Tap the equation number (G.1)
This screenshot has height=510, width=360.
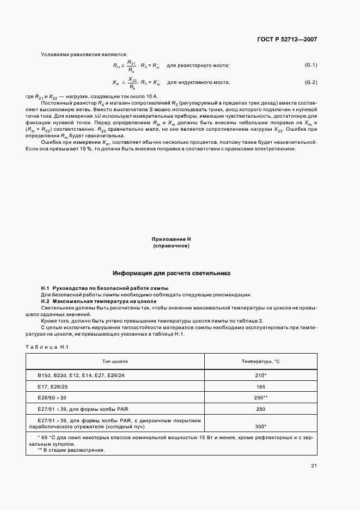[311, 65]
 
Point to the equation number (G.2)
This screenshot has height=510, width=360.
[311, 82]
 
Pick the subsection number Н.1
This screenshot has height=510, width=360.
[46, 288]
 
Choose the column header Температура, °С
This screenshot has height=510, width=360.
[260, 361]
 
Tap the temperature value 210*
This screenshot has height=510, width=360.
[260, 376]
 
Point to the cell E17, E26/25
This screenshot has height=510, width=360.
[53, 386]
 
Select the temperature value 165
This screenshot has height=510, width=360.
[260, 386]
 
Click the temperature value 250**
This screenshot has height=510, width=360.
[261, 397]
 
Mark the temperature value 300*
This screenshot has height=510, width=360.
[260, 427]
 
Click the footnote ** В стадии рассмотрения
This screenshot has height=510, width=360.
[71, 450]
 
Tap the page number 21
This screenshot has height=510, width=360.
[314, 466]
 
